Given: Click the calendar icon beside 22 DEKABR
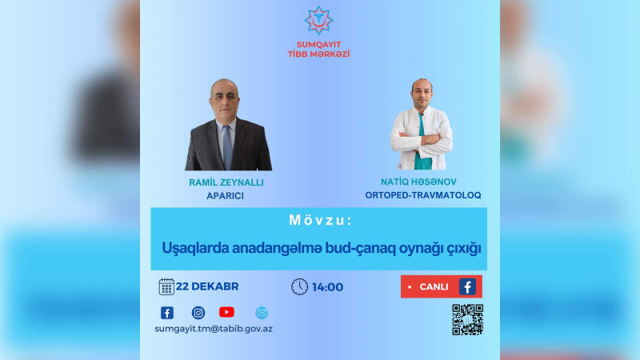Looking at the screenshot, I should point(166,286).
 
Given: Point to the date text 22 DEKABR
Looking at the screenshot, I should point(208,286).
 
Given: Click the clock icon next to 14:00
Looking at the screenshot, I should point(299,286).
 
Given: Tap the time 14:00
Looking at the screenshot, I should point(328,286).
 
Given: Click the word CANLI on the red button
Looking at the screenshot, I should point(434,286).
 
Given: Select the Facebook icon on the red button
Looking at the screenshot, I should point(467,286).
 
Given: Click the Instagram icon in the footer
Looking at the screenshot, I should point(198,313).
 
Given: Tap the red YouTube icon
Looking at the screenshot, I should point(226,313).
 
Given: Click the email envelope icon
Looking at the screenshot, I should point(261,313).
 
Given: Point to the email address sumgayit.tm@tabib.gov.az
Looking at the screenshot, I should point(214,328).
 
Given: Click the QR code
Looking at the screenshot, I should point(467,319).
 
